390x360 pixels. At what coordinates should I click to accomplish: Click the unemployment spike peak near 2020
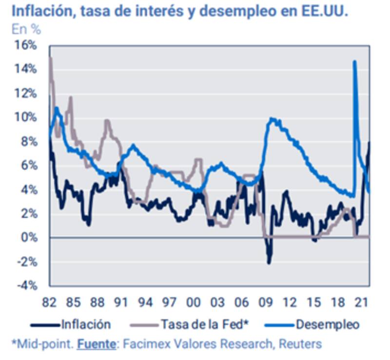(x=354, y=61)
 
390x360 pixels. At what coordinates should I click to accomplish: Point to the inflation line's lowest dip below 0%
(x=269, y=263)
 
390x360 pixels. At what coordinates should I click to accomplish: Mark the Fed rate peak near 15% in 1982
(x=50, y=58)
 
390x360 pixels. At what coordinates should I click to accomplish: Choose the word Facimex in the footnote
(x=143, y=344)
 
